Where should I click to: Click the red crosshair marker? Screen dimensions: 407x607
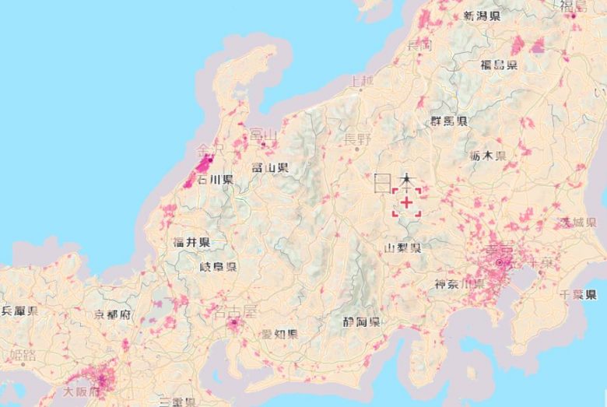406,201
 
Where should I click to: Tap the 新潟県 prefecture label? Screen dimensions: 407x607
482,16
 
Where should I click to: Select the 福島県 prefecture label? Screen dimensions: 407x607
499,65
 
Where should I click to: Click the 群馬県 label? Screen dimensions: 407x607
449,121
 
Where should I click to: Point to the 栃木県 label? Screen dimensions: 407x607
488,156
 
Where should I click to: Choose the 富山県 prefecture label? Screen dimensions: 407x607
269,167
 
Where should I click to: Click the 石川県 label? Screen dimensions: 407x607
216,180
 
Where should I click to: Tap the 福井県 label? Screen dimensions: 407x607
191,242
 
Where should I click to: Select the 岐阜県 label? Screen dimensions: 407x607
218,267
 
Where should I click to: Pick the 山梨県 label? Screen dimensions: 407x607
403,248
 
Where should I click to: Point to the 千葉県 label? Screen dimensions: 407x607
578,294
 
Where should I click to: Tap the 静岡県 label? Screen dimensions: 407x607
361,321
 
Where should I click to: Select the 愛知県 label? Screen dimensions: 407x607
279,334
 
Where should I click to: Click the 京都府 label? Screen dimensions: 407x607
113,315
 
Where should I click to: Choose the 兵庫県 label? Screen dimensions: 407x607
19,311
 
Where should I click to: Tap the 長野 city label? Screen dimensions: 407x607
358,139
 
